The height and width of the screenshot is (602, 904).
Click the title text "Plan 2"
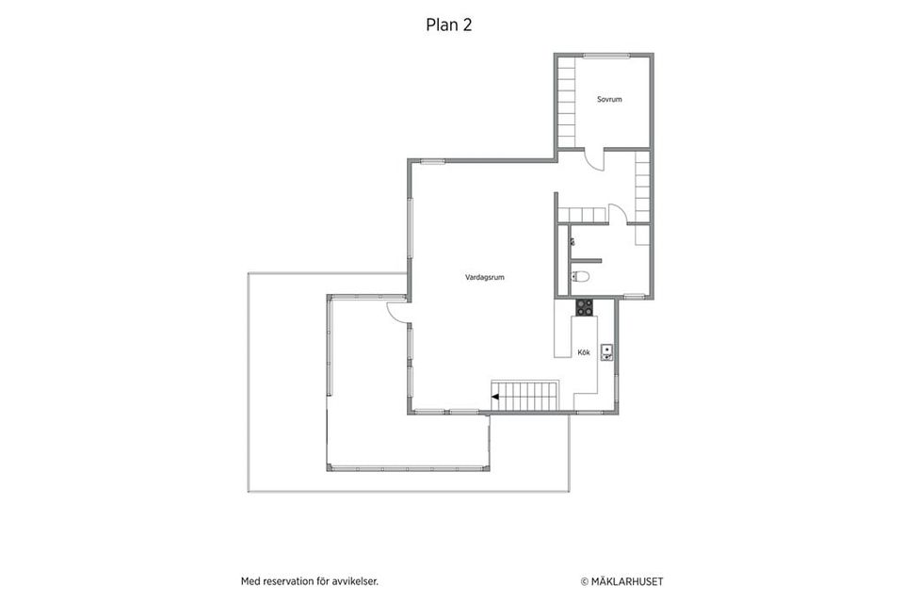pyautogui.click(x=448, y=24)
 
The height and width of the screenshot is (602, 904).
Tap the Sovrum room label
pyautogui.click(x=609, y=99)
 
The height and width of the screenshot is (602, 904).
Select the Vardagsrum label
pyautogui.click(x=485, y=277)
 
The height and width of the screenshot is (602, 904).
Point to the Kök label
pyautogui.click(x=584, y=352)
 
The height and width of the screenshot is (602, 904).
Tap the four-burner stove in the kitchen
pyautogui.click(x=584, y=307)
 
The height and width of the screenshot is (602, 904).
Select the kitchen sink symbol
pyautogui.click(x=606, y=352)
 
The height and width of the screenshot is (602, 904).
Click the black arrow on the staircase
pyautogui.click(x=494, y=397)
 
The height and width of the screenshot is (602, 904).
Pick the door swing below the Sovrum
pyautogui.click(x=594, y=161)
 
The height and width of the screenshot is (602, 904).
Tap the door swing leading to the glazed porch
pyautogui.click(x=397, y=312)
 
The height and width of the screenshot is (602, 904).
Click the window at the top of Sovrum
pyautogui.click(x=605, y=56)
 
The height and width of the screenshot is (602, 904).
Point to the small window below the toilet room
pyautogui.click(x=634, y=297)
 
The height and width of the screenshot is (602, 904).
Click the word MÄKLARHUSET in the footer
pyautogui.click(x=627, y=582)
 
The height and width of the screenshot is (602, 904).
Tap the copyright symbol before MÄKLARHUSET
pyautogui.click(x=584, y=582)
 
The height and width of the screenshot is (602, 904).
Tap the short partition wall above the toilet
pyautogui.click(x=586, y=261)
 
